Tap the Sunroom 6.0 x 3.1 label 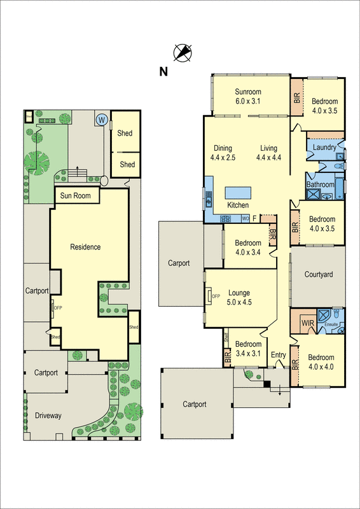[x=248, y=96]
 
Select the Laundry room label [x=324, y=148]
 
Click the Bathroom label [x=320, y=185]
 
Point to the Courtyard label [x=319, y=275]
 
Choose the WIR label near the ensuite [x=308, y=323]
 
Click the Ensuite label [x=331, y=324]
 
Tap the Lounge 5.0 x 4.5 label [x=239, y=298]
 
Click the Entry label [x=278, y=355]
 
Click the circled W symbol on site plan [x=100, y=119]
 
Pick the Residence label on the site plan [x=85, y=247]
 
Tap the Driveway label [x=48, y=415]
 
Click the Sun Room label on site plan [x=76, y=196]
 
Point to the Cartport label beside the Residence [x=37, y=291]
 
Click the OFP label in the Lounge [x=216, y=296]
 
